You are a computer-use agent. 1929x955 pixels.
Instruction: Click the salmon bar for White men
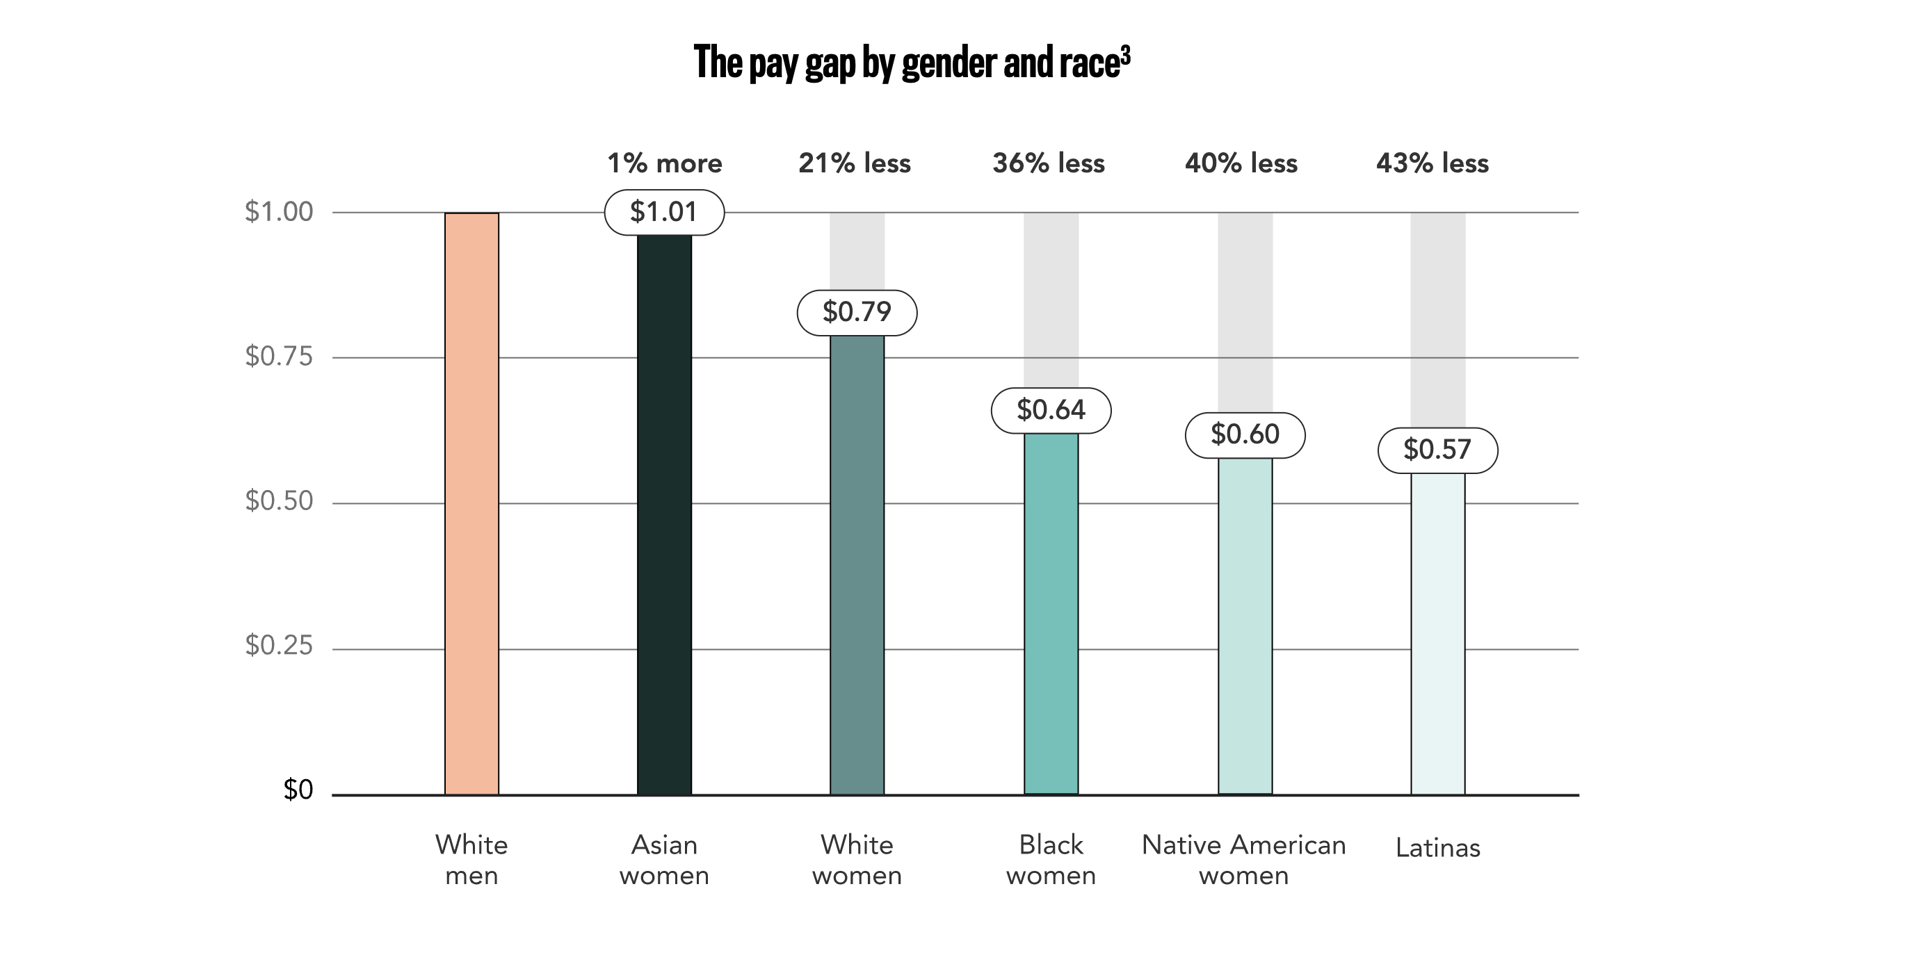point(471,503)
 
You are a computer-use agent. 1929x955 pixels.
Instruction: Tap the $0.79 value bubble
point(857,312)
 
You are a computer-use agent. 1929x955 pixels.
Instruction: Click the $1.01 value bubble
point(664,213)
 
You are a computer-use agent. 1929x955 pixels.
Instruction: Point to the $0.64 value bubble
point(1051,410)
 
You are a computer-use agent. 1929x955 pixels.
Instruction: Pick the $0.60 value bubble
point(1245,435)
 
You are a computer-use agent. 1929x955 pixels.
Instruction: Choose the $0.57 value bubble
point(1438,450)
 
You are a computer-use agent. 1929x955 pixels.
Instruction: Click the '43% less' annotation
point(1432,163)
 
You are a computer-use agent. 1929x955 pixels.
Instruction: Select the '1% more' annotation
point(664,163)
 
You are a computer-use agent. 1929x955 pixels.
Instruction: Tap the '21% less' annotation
point(855,163)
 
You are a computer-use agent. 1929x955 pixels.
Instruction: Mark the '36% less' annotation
point(1049,163)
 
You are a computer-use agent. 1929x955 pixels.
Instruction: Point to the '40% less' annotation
point(1241,163)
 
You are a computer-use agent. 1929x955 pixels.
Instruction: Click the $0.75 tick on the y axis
point(279,357)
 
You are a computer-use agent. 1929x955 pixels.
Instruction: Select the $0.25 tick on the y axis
point(279,645)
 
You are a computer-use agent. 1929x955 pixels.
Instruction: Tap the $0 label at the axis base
point(298,790)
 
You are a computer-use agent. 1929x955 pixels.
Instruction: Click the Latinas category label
point(1438,848)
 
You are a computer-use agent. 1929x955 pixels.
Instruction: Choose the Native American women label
point(1244,860)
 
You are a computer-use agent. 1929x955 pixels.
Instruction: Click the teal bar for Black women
point(1051,613)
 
